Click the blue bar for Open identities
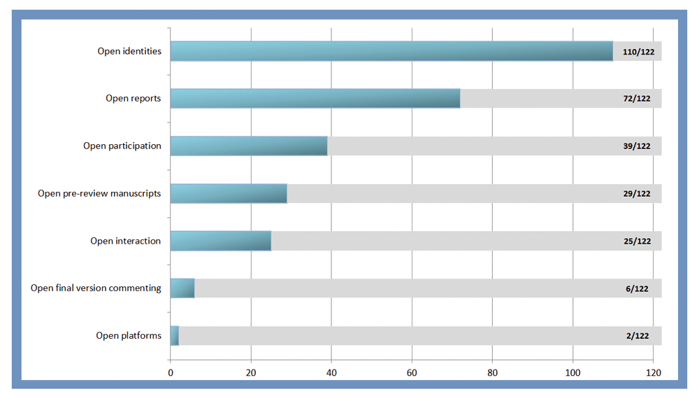391,51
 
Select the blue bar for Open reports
315,99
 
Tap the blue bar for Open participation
249,146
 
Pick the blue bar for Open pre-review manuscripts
229,193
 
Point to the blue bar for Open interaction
221,241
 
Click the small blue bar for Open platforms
175,336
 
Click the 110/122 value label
638,51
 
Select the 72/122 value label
638,99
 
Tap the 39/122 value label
638,146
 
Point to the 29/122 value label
638,193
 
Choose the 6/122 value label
638,288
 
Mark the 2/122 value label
638,336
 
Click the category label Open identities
129,51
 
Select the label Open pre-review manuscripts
99,193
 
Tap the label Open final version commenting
96,288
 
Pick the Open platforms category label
129,335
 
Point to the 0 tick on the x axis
171,372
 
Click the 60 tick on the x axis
412,372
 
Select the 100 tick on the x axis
573,372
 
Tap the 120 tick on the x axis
654,372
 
